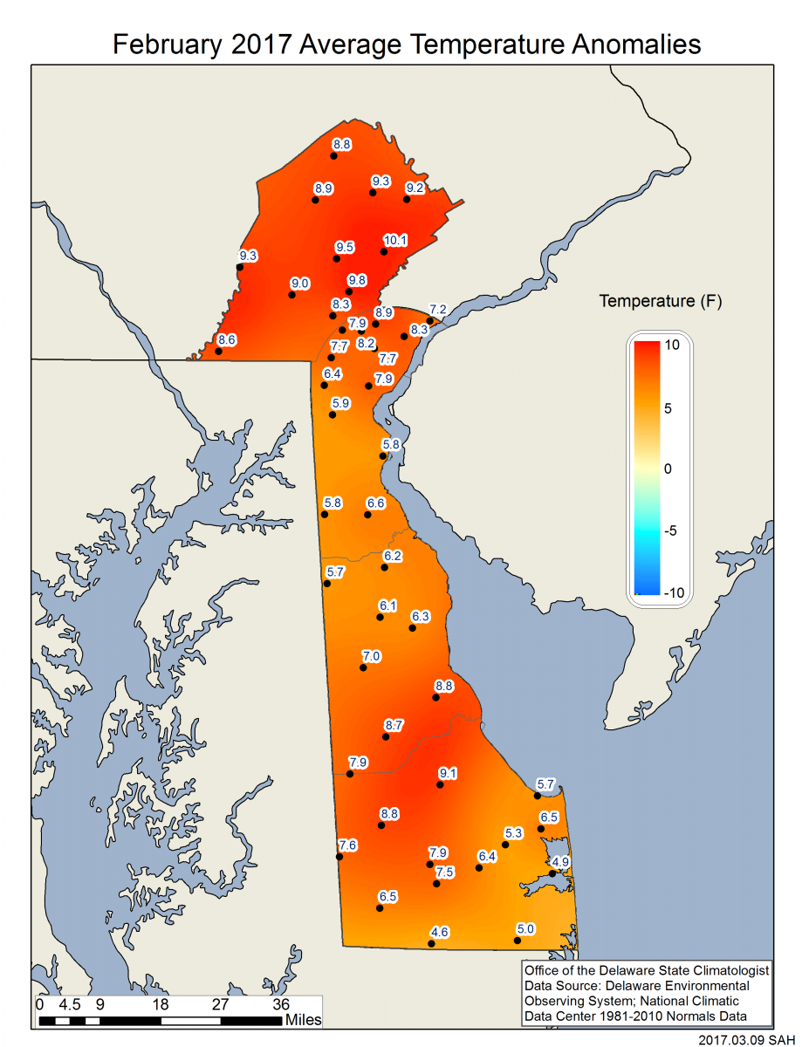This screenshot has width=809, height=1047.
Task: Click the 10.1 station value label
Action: click(395, 240)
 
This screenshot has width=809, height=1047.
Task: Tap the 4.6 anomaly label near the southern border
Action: click(439, 932)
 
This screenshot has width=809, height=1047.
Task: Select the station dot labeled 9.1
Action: click(440, 785)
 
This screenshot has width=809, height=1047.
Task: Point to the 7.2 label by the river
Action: click(438, 310)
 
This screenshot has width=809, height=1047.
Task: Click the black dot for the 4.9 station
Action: click(552, 873)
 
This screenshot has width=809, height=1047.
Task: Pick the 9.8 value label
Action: click(357, 279)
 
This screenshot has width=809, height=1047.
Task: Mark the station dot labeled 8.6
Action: click(218, 351)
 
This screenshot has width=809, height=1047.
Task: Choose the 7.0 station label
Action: click(372, 655)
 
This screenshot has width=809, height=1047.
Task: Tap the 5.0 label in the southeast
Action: click(525, 928)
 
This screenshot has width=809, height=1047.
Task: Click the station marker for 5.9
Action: click(333, 415)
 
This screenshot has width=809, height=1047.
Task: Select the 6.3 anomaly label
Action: click(421, 616)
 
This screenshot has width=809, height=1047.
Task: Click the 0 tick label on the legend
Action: click(668, 469)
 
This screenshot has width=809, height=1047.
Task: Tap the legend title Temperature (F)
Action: click(660, 302)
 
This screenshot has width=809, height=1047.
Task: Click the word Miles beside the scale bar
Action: click(303, 1019)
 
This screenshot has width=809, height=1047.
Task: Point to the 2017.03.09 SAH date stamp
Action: click(747, 1039)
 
